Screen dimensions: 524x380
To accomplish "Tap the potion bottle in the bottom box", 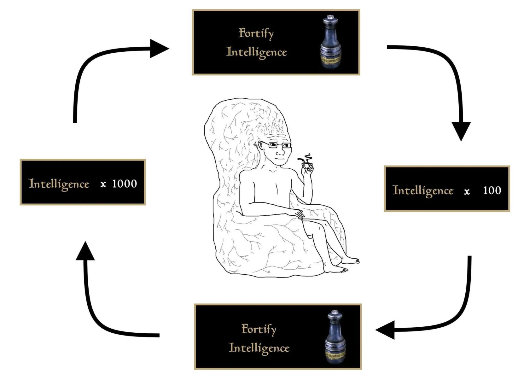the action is pos(335,337).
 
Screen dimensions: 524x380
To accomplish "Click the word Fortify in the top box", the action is pos(256,33).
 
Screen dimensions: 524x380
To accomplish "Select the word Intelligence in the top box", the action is pos(256,52).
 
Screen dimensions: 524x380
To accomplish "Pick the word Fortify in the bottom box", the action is pos(259,329).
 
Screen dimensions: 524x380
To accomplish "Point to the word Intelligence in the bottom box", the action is pos(259,348).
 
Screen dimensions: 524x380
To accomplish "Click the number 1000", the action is pos(125,184).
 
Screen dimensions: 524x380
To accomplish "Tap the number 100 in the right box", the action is pos(492,190).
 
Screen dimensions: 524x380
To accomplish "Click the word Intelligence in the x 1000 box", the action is pos(59,184).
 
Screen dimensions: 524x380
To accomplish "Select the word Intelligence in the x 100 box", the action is pos(423,190).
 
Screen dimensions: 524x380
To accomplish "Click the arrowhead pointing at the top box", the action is pos(159,49).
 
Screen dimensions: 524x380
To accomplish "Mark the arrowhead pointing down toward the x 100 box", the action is pos(461,132).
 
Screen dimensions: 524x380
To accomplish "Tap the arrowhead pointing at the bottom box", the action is pos(385,330).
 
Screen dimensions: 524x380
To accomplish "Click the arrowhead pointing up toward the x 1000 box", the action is pos(85,251).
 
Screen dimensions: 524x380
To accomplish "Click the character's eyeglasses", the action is pos(276,145).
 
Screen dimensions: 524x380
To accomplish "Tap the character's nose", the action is pos(280,153).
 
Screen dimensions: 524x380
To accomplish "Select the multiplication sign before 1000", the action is pos(103,184).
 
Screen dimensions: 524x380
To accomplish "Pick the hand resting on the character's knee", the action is pos(300,214).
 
